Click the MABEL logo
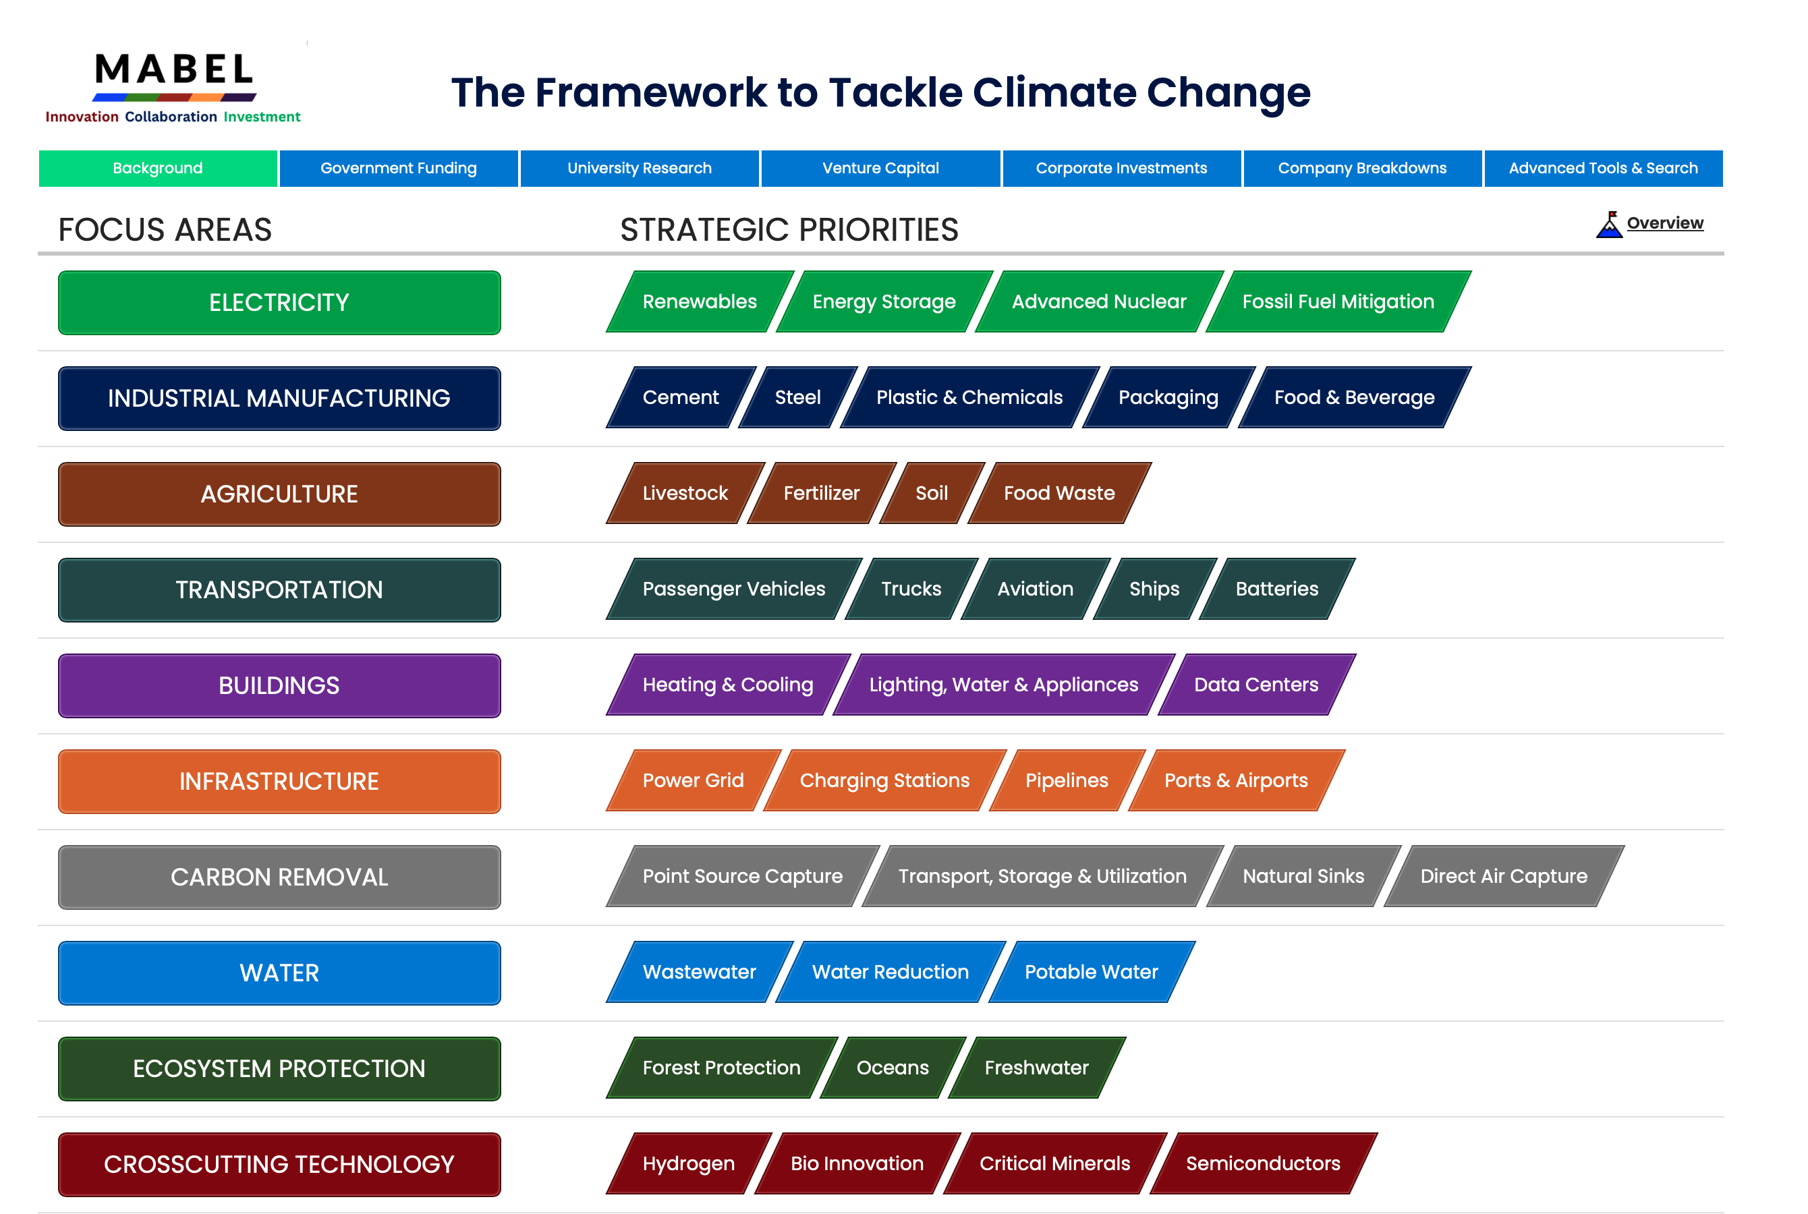(173, 87)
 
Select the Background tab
(158, 168)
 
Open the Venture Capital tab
(880, 168)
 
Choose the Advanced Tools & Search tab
(1603, 168)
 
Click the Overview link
(1665, 223)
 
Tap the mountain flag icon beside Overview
(1609, 225)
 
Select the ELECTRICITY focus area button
(279, 303)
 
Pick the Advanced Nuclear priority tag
(1100, 301)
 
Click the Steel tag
(798, 397)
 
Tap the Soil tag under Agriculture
(932, 493)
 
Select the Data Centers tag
(1257, 685)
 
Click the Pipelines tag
(1067, 780)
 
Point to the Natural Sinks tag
(1304, 876)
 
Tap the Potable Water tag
(1092, 972)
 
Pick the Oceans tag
(893, 1068)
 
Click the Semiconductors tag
(1264, 1163)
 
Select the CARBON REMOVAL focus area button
(279, 877)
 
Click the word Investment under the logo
(262, 117)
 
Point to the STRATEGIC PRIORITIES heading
(789, 230)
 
